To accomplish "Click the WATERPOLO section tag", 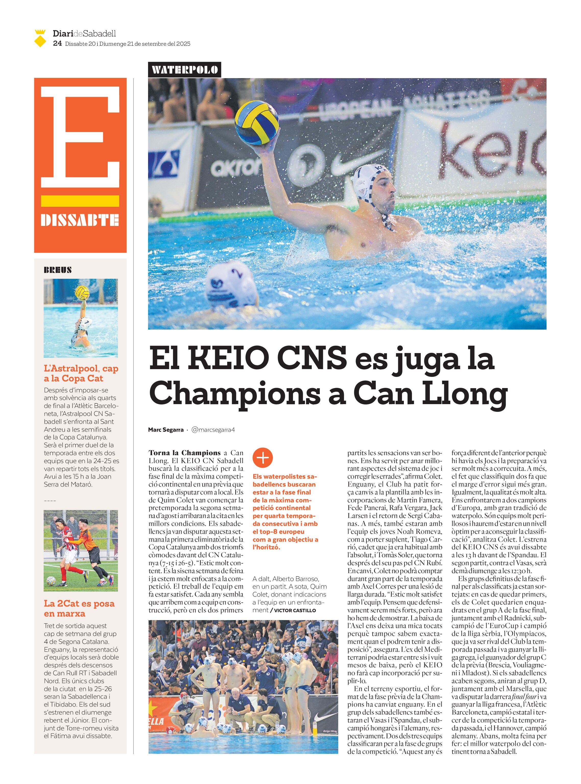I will pyautogui.click(x=184, y=70).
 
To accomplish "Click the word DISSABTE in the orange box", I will pyautogui.click(x=80, y=220).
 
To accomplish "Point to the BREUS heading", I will pyautogui.click(x=58, y=270).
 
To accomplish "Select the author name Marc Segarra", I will pyautogui.click(x=166, y=429).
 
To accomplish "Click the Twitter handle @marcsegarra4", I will pyautogui.click(x=213, y=429).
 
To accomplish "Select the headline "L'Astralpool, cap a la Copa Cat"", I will pyautogui.click(x=81, y=373).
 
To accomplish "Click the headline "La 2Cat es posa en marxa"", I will pyautogui.click(x=79, y=608).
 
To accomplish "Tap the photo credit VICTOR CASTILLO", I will pyautogui.click(x=295, y=610).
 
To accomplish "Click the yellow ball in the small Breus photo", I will pyautogui.click(x=82, y=292).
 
